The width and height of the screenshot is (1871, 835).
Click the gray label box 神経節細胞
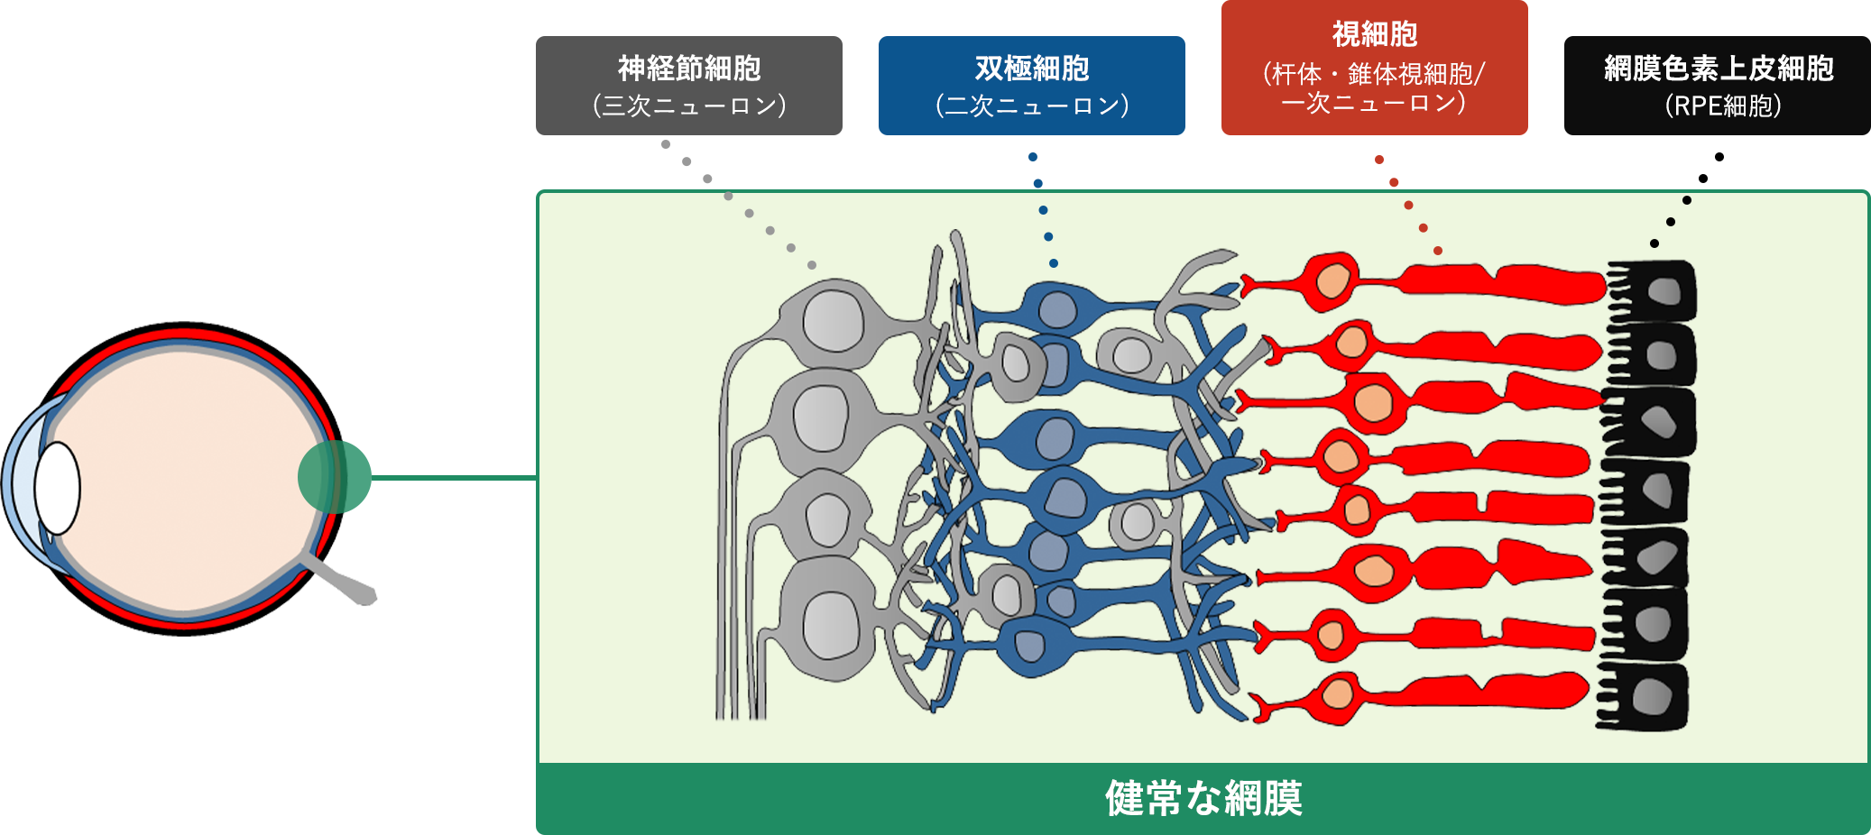[x=688, y=86]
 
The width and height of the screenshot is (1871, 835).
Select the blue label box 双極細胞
[x=1031, y=86]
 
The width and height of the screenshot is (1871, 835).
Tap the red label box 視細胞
[x=1374, y=68]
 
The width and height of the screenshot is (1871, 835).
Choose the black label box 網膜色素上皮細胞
[x=1717, y=86]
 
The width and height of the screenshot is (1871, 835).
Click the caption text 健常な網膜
[x=1203, y=799]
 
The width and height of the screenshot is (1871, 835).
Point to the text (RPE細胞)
[x=1722, y=106]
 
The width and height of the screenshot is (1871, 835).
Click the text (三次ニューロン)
[x=689, y=106]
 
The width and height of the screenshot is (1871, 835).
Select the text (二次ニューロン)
[x=1032, y=106]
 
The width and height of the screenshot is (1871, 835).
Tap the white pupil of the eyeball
[x=58, y=487]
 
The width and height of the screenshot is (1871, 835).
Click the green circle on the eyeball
[x=335, y=477]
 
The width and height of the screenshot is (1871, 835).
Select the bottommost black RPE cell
[x=1647, y=696]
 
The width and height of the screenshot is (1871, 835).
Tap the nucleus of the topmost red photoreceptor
[x=1332, y=280]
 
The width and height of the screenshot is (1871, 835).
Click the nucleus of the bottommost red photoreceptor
[x=1336, y=695]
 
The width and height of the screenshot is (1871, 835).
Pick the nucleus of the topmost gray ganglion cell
[x=833, y=320]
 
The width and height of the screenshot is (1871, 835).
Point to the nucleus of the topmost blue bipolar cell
[x=1056, y=310]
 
